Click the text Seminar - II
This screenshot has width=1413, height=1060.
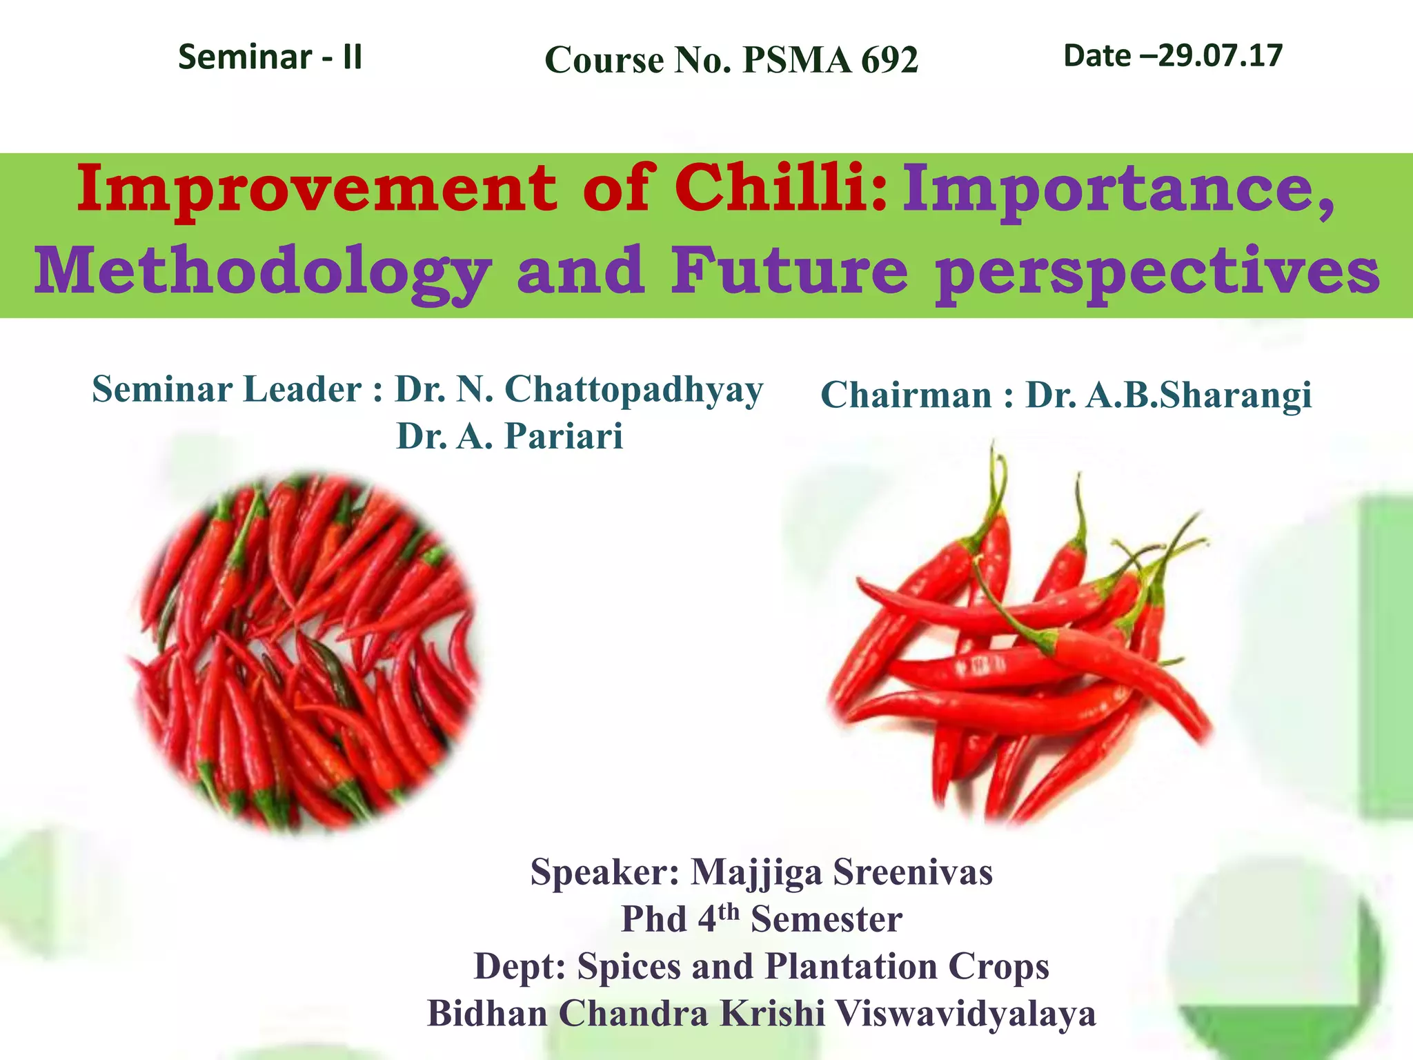(x=270, y=57)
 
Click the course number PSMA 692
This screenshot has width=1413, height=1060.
(x=830, y=60)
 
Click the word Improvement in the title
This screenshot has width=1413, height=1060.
(x=317, y=189)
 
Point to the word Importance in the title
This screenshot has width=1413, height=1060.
(x=1118, y=189)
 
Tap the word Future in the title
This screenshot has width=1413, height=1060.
(x=790, y=271)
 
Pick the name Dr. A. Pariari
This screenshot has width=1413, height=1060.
(x=509, y=436)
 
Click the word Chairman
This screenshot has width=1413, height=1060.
(x=906, y=395)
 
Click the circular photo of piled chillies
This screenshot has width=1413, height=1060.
(x=304, y=652)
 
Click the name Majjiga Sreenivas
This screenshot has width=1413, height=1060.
(x=842, y=872)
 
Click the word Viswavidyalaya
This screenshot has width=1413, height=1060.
(x=965, y=1013)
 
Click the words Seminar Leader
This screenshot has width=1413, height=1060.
(x=227, y=390)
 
